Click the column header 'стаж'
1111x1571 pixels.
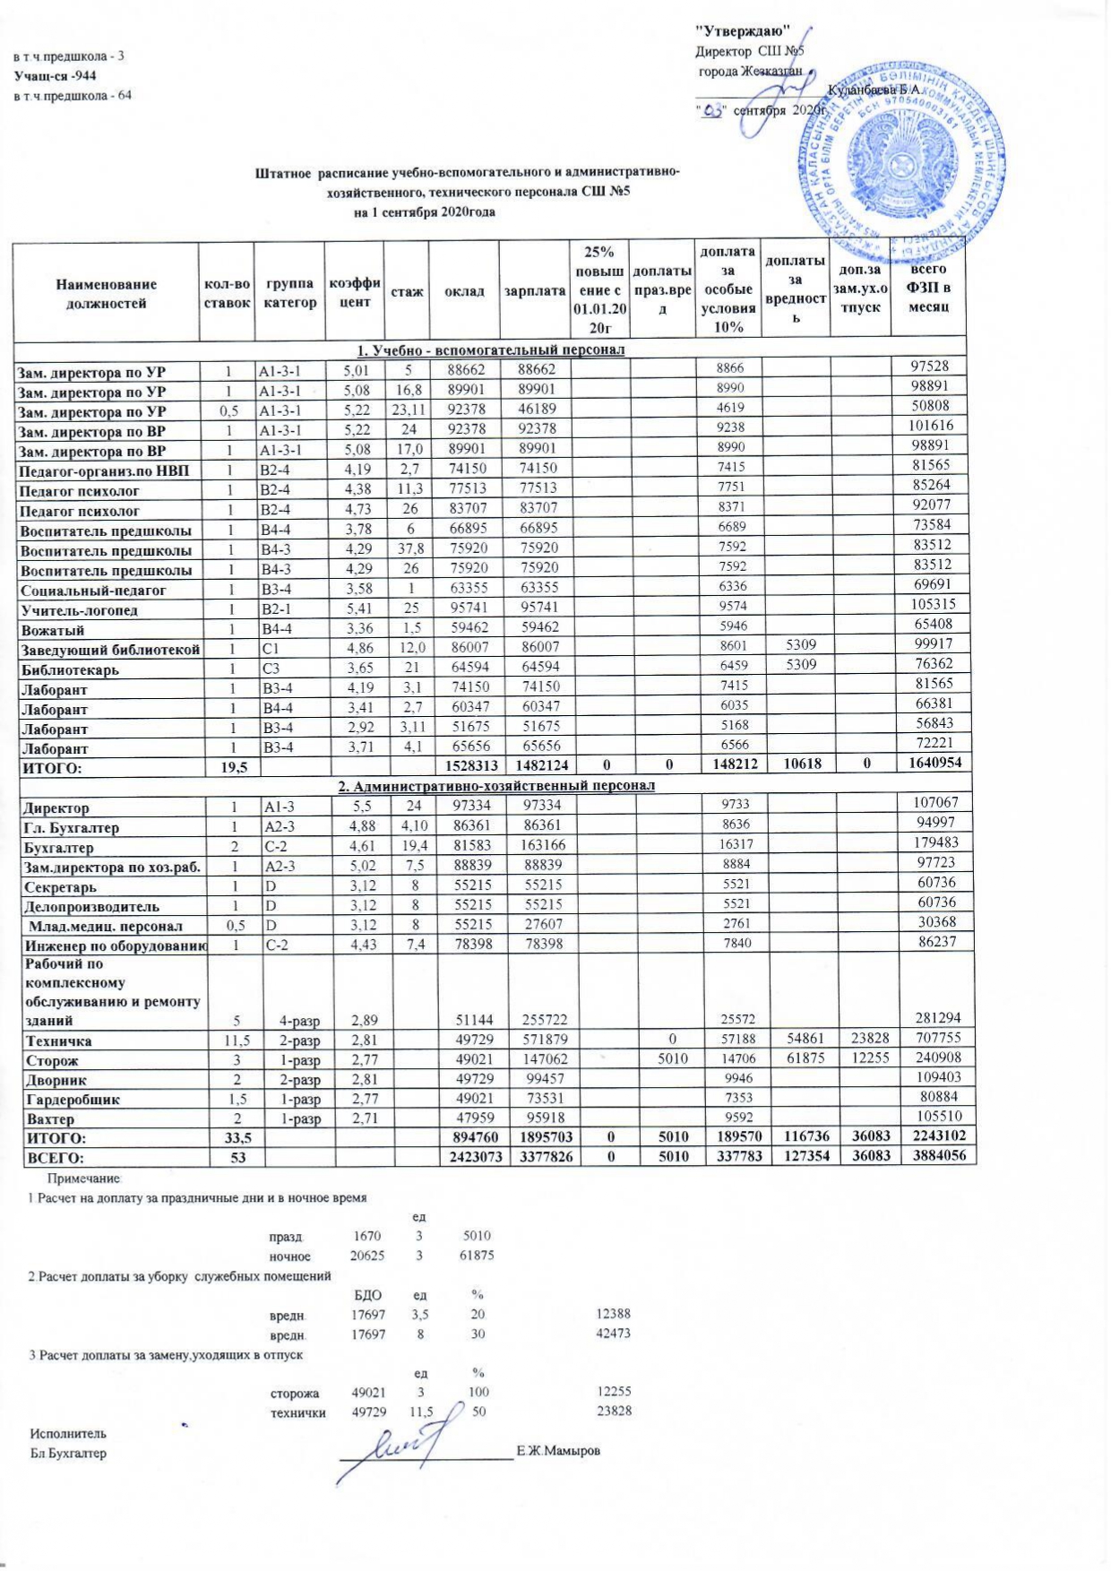(x=406, y=292)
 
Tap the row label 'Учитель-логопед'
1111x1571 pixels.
(x=66, y=610)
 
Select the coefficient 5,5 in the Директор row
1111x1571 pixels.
(x=351, y=807)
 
